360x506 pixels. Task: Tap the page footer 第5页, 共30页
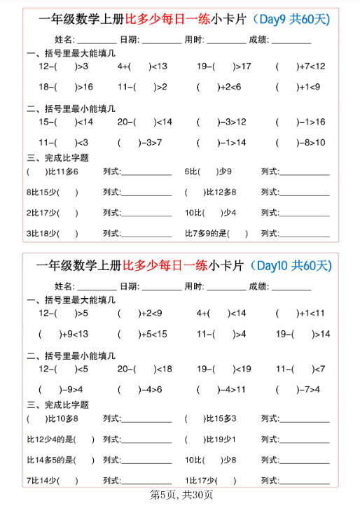(x=180, y=495)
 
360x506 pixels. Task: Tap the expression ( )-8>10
(x=300, y=143)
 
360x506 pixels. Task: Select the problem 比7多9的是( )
(x=216, y=233)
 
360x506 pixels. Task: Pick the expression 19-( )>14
(x=303, y=334)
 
